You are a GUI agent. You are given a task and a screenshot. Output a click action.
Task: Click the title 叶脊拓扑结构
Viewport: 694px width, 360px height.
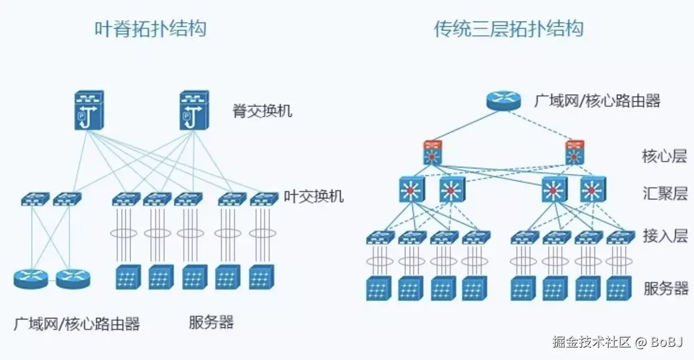[x=150, y=28]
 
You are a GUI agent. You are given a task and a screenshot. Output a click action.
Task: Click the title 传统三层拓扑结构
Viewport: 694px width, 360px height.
[x=509, y=28]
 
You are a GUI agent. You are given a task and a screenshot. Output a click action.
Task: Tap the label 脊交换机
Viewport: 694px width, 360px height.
[x=262, y=111]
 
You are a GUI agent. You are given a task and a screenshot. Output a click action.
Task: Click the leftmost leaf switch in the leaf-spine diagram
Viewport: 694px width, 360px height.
[x=35, y=198]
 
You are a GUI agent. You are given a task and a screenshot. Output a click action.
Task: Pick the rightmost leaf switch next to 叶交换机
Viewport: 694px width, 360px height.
[x=264, y=198]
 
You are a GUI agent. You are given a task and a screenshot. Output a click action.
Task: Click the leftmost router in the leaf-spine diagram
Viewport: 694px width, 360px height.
[x=31, y=278]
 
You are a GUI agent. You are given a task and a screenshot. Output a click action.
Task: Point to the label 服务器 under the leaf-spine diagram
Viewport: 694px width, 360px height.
[x=211, y=322]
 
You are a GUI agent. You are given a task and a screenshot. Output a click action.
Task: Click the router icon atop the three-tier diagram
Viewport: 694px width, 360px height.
[x=503, y=100]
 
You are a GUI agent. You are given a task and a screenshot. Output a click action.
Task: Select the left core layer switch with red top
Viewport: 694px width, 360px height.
[x=432, y=152]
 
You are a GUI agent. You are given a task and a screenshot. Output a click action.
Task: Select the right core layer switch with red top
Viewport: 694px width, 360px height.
[x=575, y=152]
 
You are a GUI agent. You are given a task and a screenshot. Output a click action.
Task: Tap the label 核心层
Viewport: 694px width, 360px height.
[x=665, y=156]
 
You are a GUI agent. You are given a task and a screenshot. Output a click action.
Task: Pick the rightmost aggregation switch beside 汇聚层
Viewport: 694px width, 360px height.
[x=593, y=189]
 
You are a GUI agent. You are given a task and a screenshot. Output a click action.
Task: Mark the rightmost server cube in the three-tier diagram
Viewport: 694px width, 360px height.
[x=619, y=288]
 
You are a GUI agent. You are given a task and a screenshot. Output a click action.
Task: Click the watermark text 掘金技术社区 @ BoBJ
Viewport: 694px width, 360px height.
[x=617, y=342]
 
